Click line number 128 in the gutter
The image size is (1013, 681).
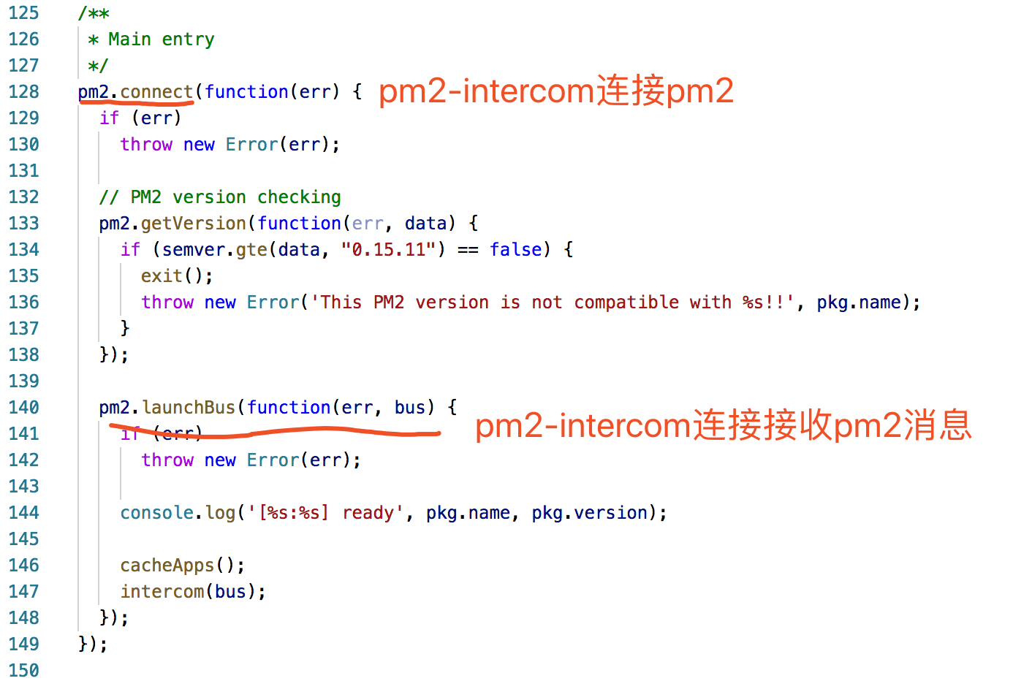click(23, 92)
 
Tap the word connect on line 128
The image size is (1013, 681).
click(156, 92)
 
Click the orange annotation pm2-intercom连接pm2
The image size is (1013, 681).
click(555, 91)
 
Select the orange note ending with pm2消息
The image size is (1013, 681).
click(723, 425)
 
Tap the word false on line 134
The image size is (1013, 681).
click(516, 250)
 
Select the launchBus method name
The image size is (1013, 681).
click(189, 408)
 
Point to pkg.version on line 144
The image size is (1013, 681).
click(589, 513)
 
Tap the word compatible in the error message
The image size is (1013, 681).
click(626, 303)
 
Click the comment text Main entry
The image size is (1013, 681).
click(161, 39)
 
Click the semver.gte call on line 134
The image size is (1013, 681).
click(215, 250)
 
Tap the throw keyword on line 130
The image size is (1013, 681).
click(146, 145)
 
